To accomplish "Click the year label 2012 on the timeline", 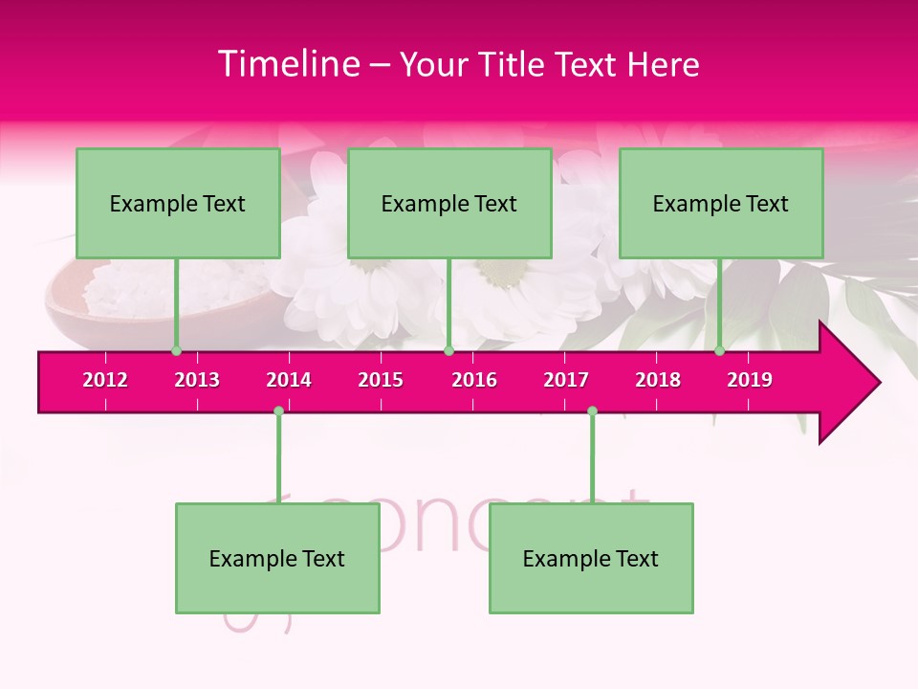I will coord(105,380).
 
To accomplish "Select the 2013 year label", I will coord(197,380).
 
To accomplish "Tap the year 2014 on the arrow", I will coord(289,380).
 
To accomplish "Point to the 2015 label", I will coord(381,380).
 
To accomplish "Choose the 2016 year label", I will coord(474,380).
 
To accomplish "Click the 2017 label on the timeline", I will coord(566,380).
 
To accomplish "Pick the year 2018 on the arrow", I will coord(658,380).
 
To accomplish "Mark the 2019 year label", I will coord(750,380).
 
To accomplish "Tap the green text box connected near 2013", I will coord(178,203).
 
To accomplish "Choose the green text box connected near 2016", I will coord(449,203).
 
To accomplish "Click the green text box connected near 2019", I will coord(721,203).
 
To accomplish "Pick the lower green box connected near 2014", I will coord(277,558).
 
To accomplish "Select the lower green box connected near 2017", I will coord(591,558).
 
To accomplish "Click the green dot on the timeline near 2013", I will coord(176,351).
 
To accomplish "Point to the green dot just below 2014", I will coord(278,411).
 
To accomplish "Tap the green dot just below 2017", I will coord(592,411).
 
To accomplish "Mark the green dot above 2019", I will coord(719,351).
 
